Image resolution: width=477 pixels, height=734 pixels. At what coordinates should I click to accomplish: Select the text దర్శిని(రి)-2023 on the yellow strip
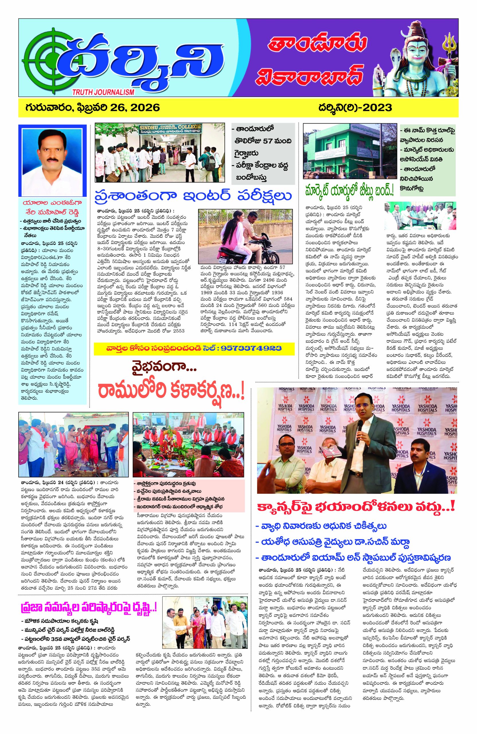(355, 108)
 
